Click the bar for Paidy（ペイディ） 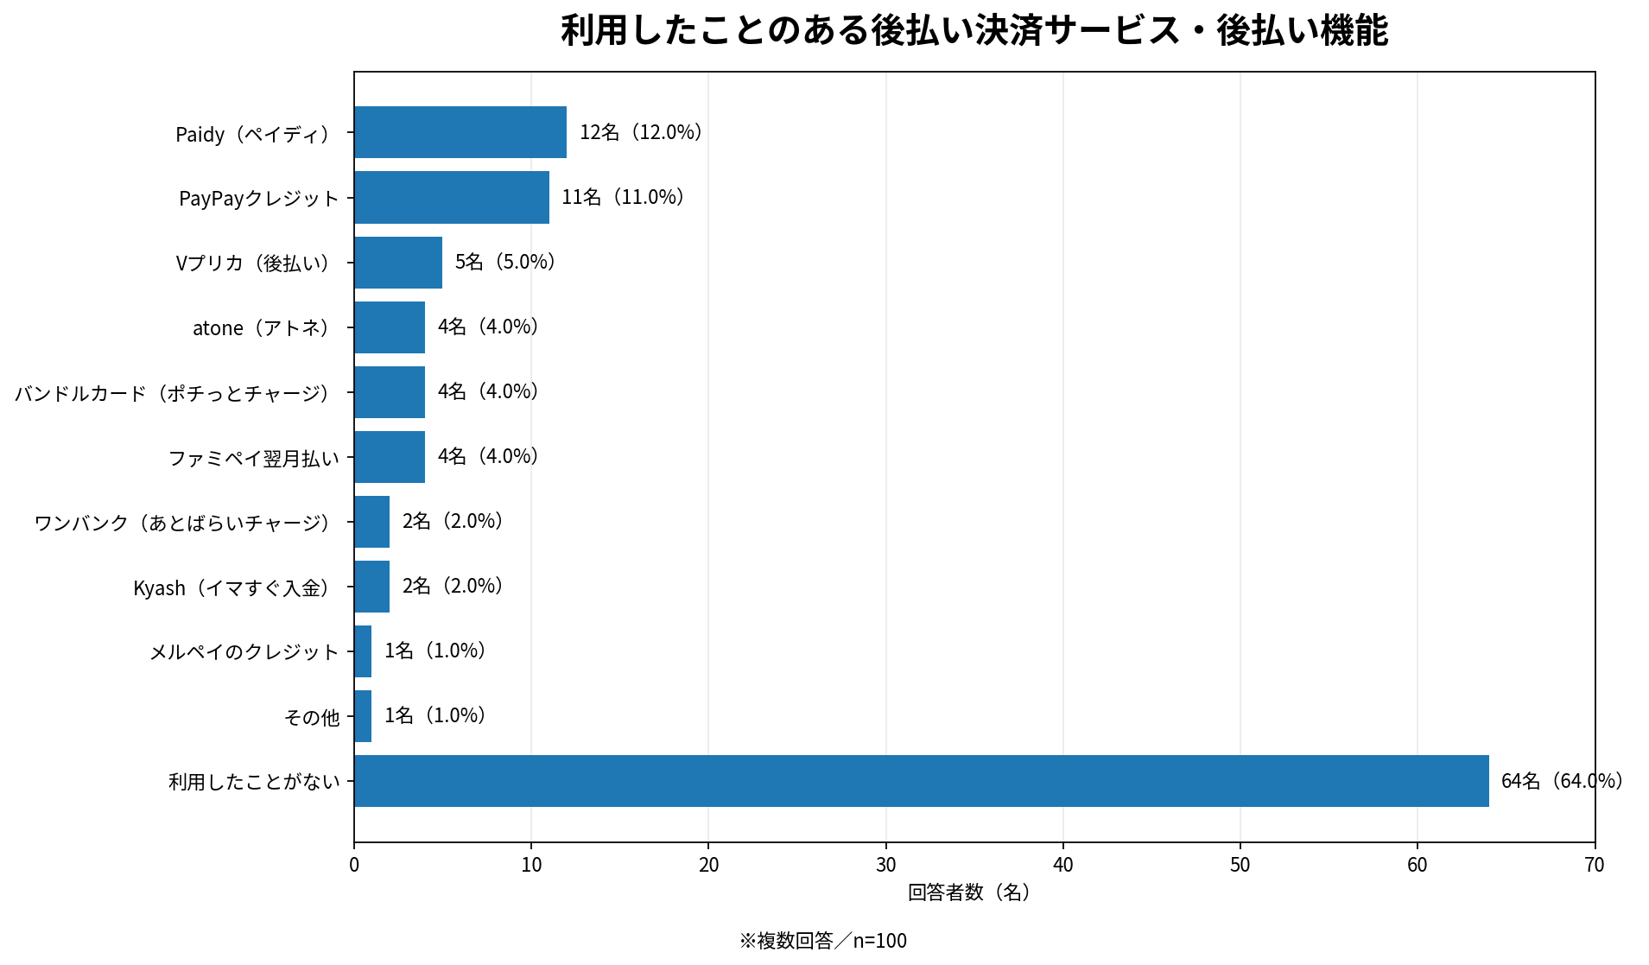coord(460,132)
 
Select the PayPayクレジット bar coord(452,197)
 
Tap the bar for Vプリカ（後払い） coord(398,262)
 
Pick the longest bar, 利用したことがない coord(922,781)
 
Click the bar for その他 coord(363,716)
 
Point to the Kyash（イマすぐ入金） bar coord(371,587)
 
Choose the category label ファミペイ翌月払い coord(254,458)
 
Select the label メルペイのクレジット coord(244,652)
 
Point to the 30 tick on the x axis coord(886,865)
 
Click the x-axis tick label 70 coord(1595,865)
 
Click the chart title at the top coord(974,31)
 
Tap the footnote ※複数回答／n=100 coord(823,941)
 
